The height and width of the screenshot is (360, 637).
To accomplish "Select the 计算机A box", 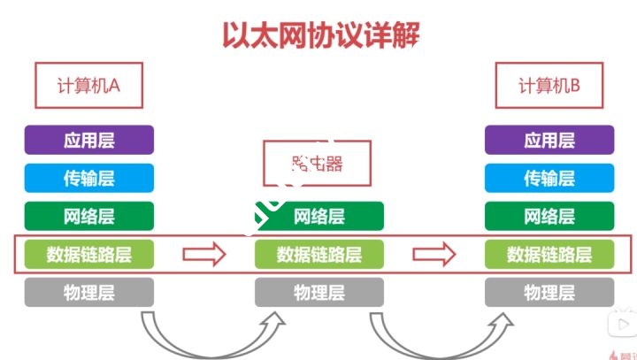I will click(x=88, y=86).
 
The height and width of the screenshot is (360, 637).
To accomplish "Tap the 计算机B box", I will click(x=549, y=86).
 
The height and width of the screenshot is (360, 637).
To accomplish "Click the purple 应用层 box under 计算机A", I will click(x=88, y=140).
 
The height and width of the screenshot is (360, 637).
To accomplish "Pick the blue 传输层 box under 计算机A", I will click(x=88, y=178).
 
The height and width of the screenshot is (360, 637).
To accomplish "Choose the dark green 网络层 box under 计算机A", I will click(x=88, y=216).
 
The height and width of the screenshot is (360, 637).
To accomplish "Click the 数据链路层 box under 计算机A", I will click(x=88, y=255).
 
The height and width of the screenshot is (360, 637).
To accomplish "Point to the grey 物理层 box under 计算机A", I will click(x=88, y=292).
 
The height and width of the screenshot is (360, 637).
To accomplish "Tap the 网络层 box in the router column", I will click(x=319, y=216).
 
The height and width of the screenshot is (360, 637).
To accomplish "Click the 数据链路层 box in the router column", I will click(x=319, y=255).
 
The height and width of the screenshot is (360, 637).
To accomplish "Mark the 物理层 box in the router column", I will click(x=319, y=292).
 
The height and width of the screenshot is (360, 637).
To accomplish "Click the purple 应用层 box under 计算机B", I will click(x=549, y=140).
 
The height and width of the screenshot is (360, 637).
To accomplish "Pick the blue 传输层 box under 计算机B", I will click(x=549, y=178).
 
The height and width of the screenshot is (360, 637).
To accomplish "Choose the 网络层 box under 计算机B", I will click(x=549, y=216).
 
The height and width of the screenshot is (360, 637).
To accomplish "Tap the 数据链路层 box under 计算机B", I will click(x=549, y=255).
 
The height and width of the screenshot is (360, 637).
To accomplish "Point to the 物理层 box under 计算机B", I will click(x=549, y=292).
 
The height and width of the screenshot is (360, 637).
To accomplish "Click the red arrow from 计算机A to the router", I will click(x=204, y=255).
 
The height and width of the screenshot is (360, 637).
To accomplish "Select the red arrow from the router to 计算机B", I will click(x=434, y=255).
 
